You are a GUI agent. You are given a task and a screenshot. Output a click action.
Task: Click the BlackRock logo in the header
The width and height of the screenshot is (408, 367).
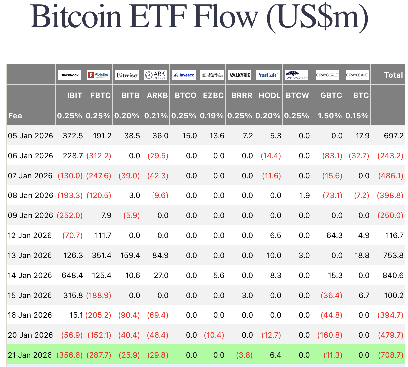pyautogui.click(x=70, y=75)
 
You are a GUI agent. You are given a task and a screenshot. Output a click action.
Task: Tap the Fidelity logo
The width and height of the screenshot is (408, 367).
pyautogui.click(x=98, y=75)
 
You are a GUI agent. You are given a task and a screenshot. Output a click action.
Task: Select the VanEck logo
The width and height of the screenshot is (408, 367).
pyautogui.click(x=268, y=75)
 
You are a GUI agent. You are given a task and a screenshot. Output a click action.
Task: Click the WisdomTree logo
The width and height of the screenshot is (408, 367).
pyautogui.click(x=297, y=75)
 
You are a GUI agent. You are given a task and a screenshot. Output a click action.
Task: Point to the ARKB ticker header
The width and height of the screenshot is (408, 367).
pyautogui.click(x=157, y=95)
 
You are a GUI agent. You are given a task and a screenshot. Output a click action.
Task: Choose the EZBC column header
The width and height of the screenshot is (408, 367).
pyautogui.click(x=213, y=95)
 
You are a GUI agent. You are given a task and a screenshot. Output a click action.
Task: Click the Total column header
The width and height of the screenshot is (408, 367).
pyautogui.click(x=393, y=75)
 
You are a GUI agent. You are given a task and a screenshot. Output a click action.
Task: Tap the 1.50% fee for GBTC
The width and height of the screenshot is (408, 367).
pyautogui.click(x=330, y=116)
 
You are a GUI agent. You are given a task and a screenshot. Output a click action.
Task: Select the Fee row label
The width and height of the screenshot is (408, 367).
pyautogui.click(x=15, y=116)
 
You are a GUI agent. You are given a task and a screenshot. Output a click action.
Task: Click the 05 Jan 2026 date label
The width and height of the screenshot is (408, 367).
pyautogui.click(x=31, y=136)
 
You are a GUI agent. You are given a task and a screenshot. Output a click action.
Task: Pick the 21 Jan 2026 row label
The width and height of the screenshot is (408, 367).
pyautogui.click(x=30, y=355)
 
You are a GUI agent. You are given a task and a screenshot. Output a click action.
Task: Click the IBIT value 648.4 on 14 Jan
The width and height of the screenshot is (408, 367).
pyautogui.click(x=72, y=275)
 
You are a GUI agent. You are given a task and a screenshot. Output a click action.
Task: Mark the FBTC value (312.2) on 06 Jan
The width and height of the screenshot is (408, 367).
pyautogui.click(x=99, y=156)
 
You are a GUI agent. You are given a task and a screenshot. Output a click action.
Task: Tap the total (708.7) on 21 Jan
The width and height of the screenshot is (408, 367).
pyautogui.click(x=391, y=355)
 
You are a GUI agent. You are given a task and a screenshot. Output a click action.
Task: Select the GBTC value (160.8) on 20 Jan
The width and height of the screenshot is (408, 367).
pyautogui.click(x=330, y=335)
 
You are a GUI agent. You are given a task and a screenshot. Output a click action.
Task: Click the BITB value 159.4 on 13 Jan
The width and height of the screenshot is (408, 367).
pyautogui.click(x=129, y=255)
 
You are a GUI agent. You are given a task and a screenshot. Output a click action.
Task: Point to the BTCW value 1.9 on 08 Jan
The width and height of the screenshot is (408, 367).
pyautogui.click(x=305, y=195)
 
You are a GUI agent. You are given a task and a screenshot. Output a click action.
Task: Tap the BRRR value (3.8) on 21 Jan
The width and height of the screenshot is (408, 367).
pyautogui.click(x=244, y=355)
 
